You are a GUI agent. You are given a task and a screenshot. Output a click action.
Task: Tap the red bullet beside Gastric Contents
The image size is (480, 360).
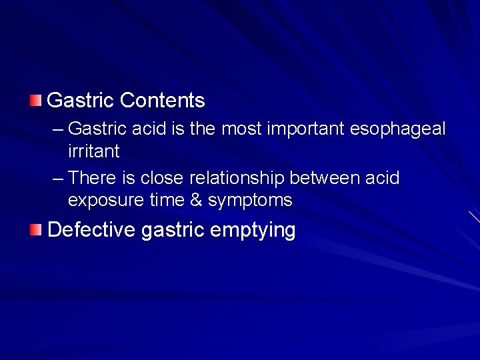click(35, 101)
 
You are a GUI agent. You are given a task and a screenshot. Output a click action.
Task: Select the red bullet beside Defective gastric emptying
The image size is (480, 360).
click(35, 230)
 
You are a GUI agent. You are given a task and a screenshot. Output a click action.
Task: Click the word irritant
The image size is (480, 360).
click(93, 151)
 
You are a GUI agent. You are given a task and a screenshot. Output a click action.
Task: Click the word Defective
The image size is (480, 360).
click(91, 230)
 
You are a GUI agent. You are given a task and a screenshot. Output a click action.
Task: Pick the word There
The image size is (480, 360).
click(91, 178)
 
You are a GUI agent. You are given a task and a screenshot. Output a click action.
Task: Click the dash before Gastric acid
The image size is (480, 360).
click(57, 128)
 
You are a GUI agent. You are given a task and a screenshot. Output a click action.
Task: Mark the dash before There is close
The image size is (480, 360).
click(57, 178)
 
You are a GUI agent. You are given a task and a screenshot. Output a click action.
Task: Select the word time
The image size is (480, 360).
click(168, 200)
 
